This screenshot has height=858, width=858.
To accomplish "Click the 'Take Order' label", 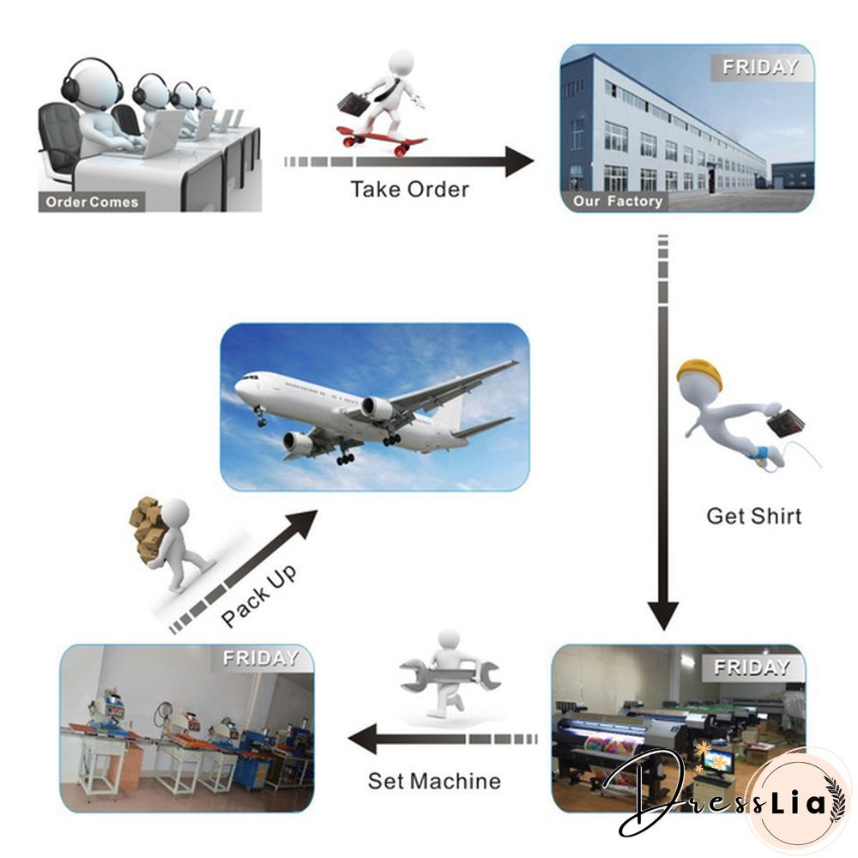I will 409,189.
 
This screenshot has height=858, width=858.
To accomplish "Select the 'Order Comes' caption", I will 92,202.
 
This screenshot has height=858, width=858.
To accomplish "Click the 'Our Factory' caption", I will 618,202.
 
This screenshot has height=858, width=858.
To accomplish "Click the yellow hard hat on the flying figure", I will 698,374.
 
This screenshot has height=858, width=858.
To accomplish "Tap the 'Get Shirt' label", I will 753,516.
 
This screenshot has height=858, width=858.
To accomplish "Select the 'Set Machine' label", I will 434,781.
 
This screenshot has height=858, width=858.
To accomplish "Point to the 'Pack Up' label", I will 258,595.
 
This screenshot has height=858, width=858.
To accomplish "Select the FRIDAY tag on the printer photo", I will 751,668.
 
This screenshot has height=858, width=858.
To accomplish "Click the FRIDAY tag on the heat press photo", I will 260,659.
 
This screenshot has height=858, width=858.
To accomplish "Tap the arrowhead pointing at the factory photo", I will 518,161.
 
